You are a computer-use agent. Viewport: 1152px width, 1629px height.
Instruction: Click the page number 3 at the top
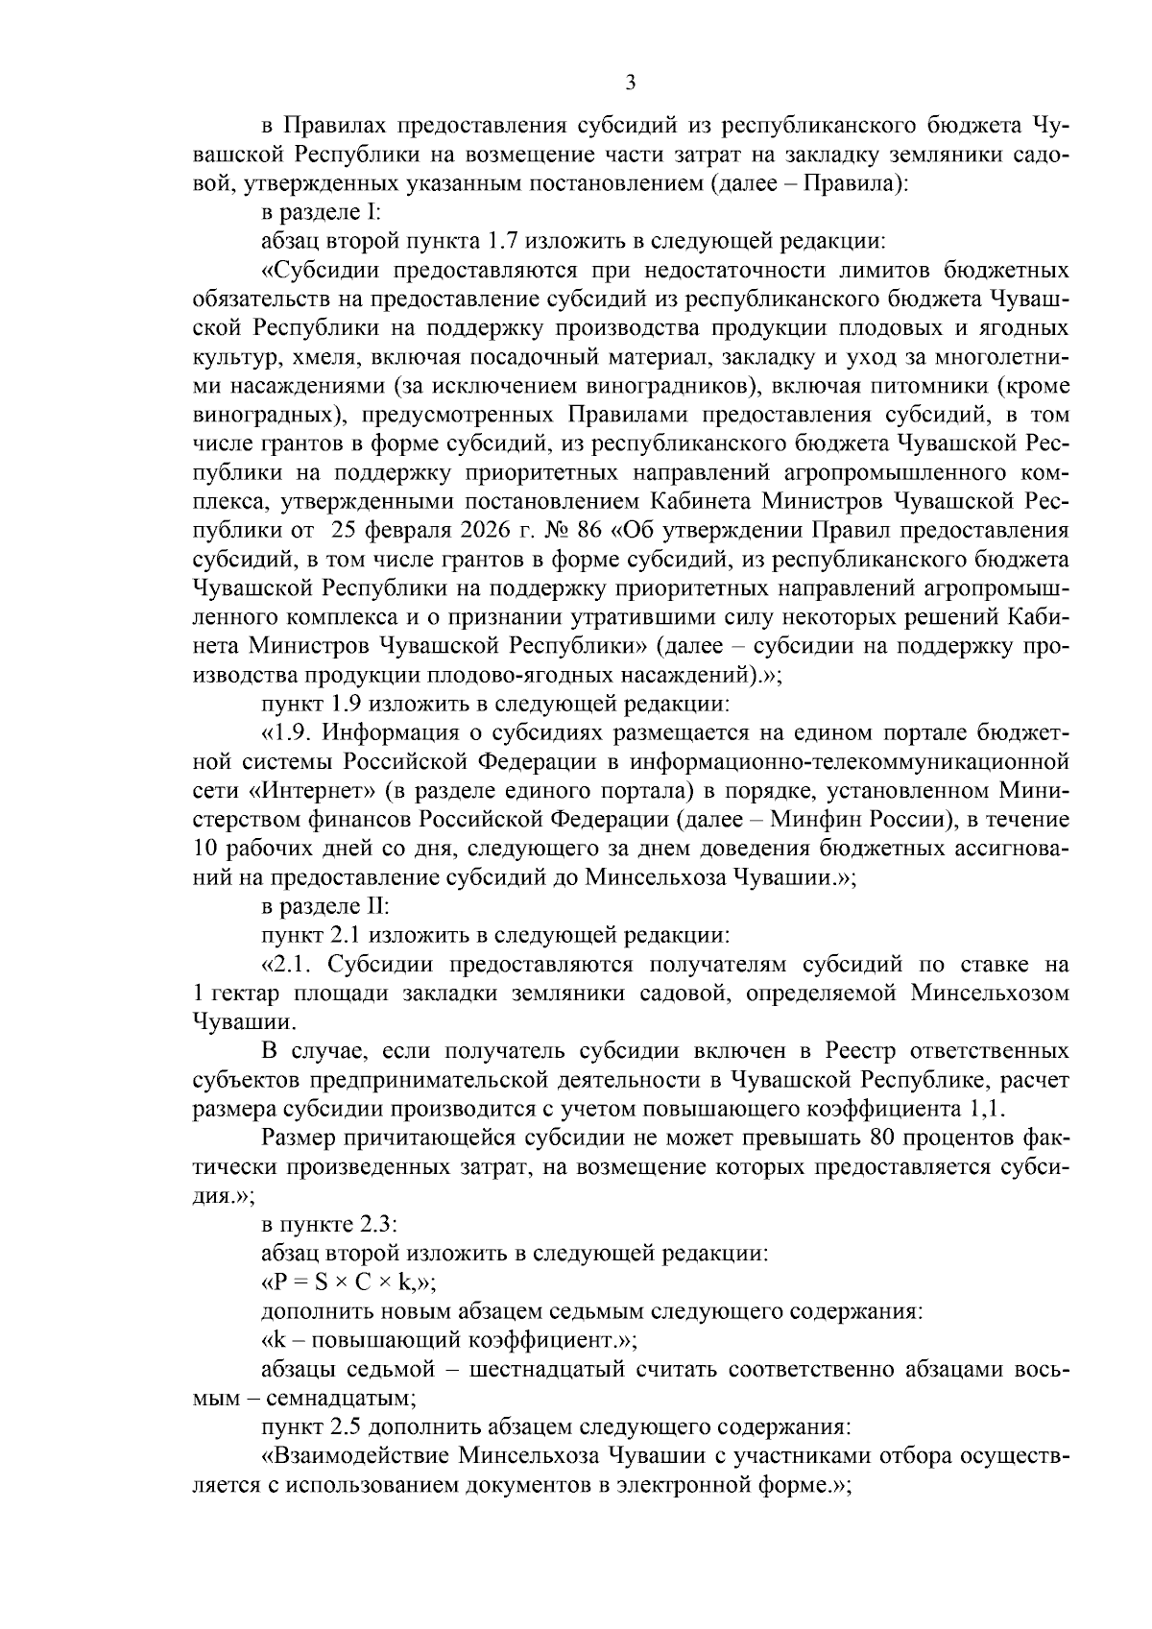click(630, 83)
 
